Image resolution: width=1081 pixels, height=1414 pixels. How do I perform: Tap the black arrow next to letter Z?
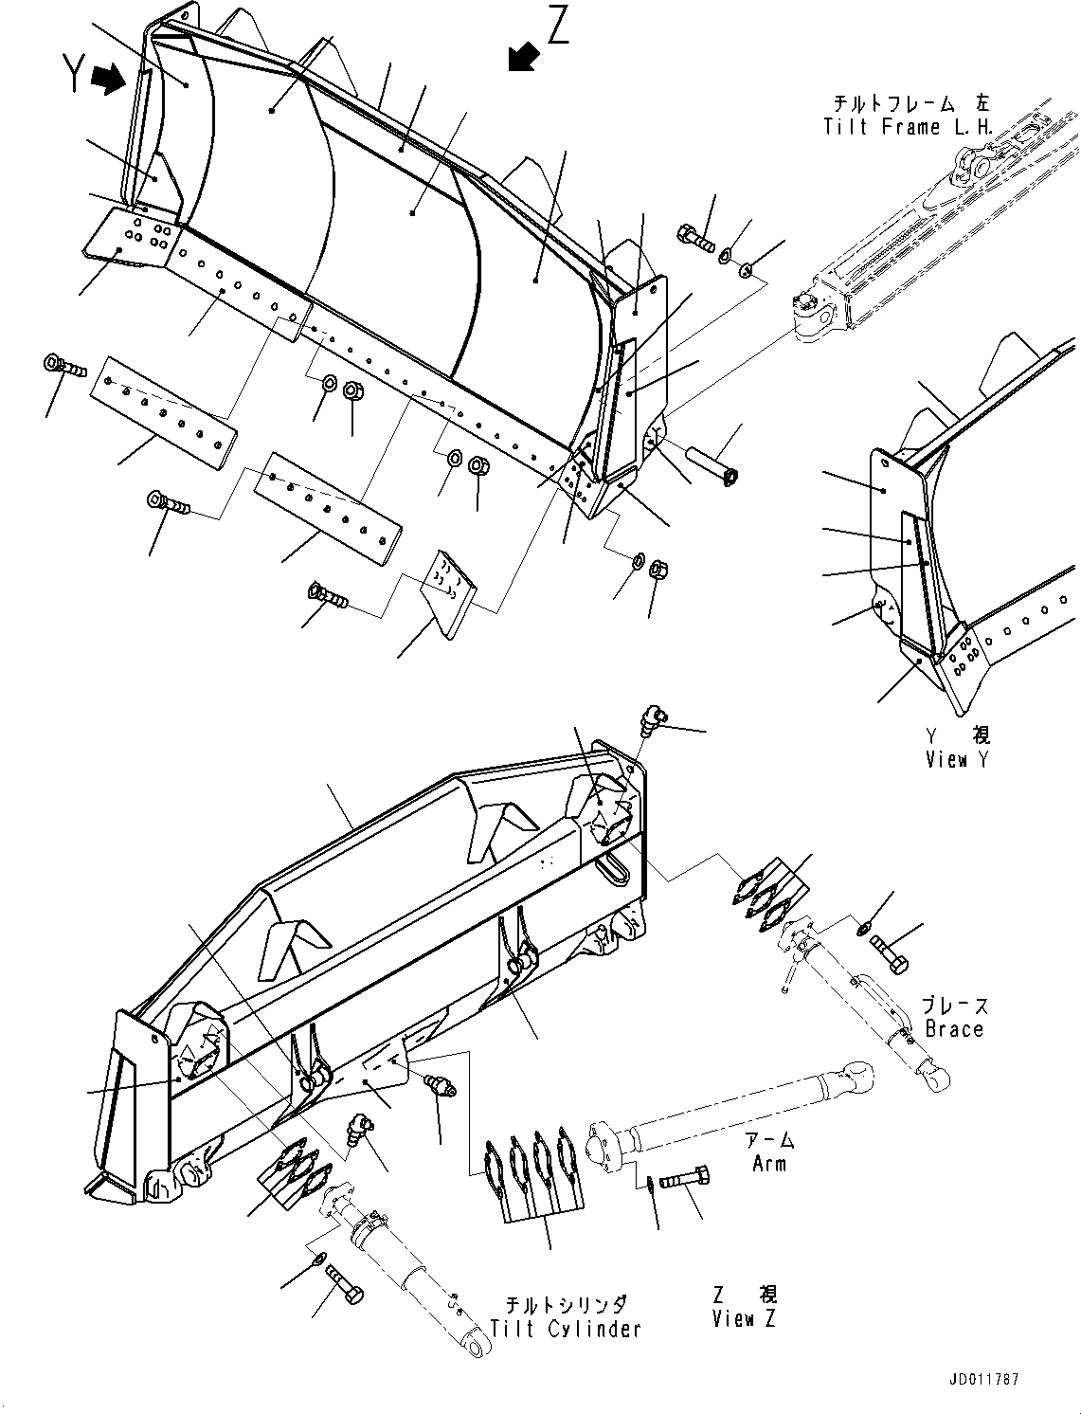(522, 57)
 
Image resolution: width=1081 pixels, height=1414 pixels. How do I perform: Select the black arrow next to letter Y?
(109, 80)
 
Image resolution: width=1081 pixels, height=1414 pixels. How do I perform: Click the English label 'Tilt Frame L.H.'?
(908, 126)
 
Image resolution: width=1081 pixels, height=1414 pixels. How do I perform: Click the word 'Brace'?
(954, 1028)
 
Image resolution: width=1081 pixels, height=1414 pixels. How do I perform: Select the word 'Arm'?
(768, 1163)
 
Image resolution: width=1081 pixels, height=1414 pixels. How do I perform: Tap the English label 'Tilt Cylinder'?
(566, 1329)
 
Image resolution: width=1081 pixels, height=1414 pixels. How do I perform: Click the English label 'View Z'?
(747, 1318)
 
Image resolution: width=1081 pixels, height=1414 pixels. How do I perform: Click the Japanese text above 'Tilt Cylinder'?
(566, 1306)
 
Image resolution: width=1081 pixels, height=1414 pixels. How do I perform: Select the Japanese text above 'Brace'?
(954, 1006)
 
